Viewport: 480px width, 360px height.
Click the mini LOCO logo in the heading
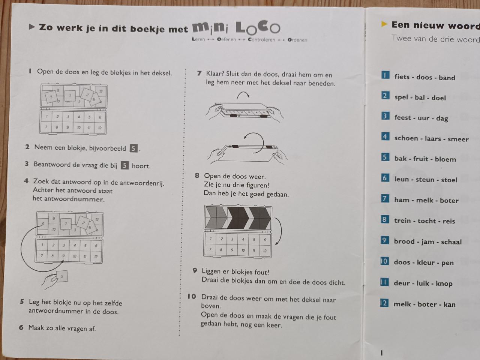pyautogui.click(x=236, y=27)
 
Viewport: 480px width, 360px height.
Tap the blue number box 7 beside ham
pyautogui.click(x=385, y=198)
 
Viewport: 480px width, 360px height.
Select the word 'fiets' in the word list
pyautogui.click(x=402, y=77)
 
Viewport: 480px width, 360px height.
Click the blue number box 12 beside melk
pyautogui.click(x=384, y=303)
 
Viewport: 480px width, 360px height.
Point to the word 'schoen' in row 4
pyautogui.click(x=406, y=138)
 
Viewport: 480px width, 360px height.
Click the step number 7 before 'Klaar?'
pyautogui.click(x=199, y=73)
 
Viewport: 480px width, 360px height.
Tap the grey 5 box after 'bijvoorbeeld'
pyautogui.click(x=133, y=148)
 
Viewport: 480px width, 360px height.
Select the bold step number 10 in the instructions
pyautogui.click(x=192, y=297)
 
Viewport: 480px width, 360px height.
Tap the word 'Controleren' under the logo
pyautogui.click(x=261, y=40)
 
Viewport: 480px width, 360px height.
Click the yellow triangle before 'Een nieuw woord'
pyautogui.click(x=384, y=24)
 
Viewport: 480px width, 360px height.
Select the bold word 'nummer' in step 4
pyautogui.click(x=88, y=199)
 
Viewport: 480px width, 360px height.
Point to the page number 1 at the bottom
pyautogui.click(x=382, y=352)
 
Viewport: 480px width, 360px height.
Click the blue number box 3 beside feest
pyautogui.click(x=385, y=116)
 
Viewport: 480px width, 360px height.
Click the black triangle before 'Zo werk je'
pyautogui.click(x=32, y=27)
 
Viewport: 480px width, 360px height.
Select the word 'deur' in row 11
pyautogui.click(x=402, y=283)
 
